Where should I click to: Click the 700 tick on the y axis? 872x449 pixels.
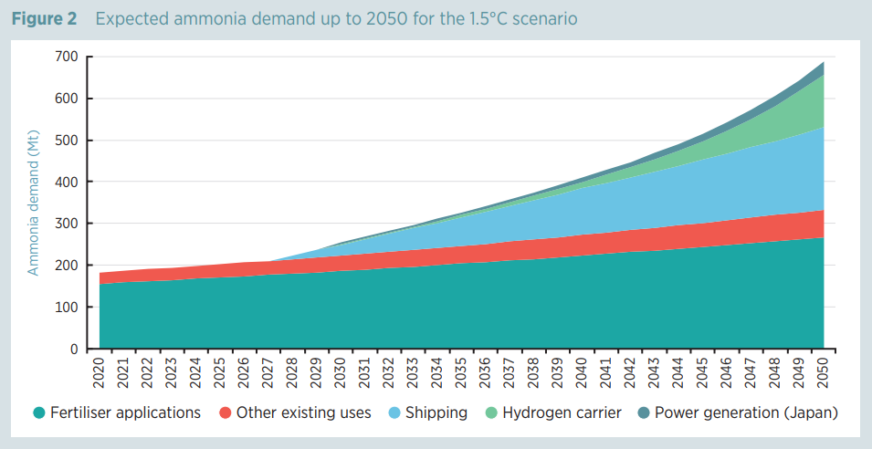coord(67,57)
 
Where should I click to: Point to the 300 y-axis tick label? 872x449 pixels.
coord(67,224)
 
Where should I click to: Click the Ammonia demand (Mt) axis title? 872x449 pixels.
coord(33,203)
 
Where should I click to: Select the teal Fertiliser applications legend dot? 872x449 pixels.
coord(38,413)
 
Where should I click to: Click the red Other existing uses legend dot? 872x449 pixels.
coord(226,413)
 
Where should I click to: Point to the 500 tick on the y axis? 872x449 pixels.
coord(67,141)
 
